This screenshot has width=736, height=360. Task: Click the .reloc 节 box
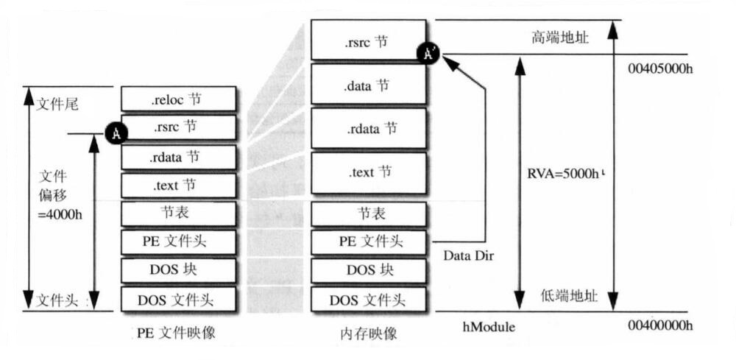tap(179, 99)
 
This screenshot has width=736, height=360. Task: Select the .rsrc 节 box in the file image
tap(179, 127)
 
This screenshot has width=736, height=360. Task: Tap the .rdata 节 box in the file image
tap(179, 156)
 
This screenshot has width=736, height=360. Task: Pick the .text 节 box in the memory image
tap(369, 173)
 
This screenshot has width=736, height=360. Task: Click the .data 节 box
tap(369, 85)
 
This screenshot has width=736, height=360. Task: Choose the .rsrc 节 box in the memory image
tap(369, 39)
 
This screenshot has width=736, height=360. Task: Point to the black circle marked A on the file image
tap(116, 133)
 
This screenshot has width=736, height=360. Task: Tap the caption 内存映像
tap(369, 333)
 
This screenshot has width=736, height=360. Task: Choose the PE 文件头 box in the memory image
tap(369, 241)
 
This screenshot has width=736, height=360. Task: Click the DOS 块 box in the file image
tap(179, 270)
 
